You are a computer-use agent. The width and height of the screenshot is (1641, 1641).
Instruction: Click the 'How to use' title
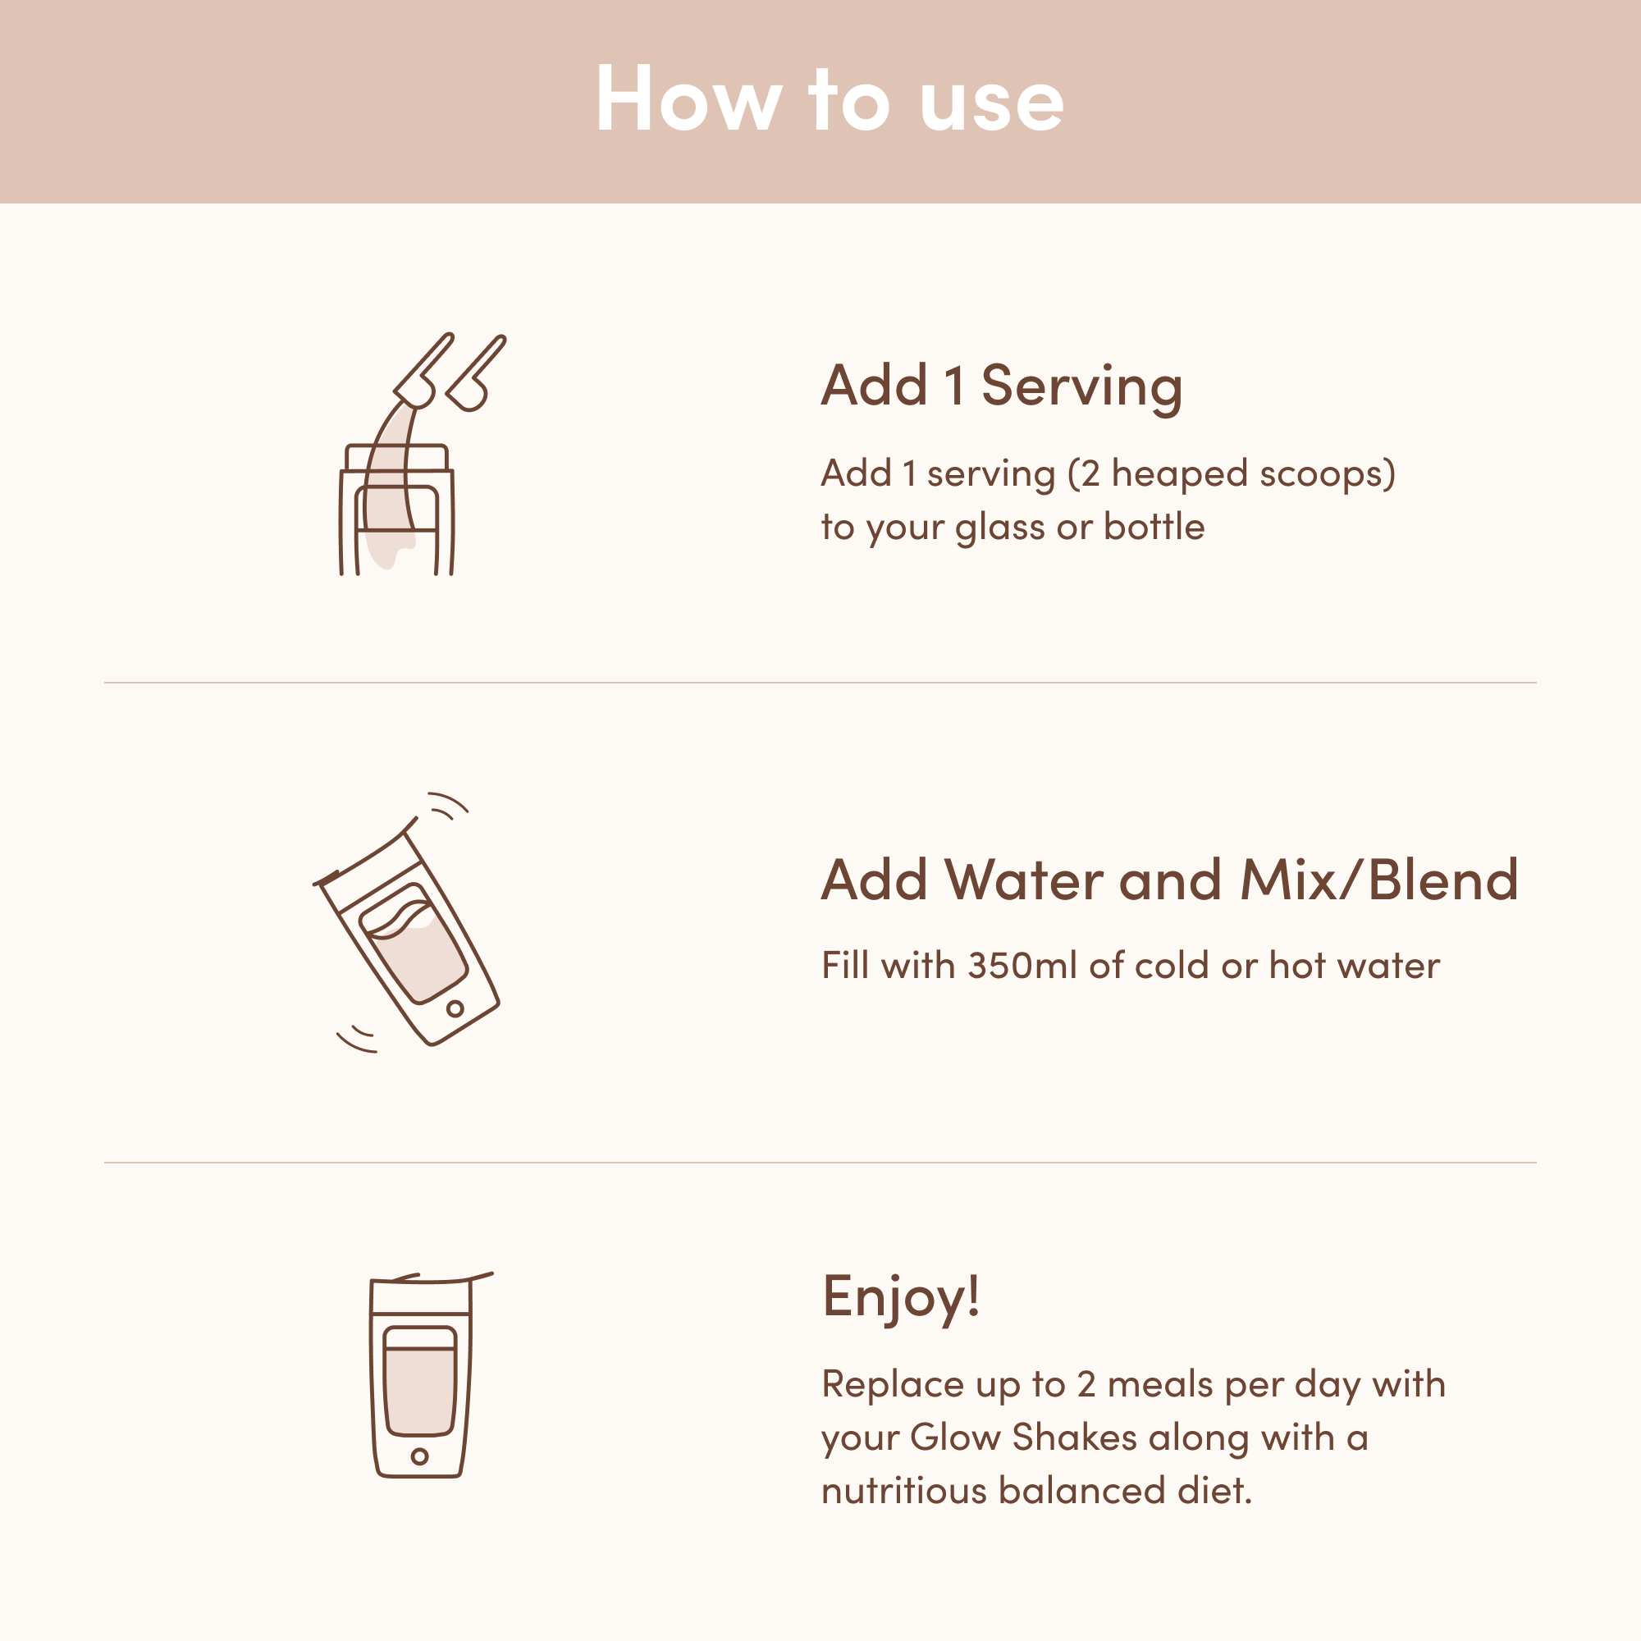(829, 99)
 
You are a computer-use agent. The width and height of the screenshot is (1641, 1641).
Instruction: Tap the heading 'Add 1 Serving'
(1001, 386)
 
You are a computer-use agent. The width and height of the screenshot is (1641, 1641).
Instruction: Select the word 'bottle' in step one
(1154, 527)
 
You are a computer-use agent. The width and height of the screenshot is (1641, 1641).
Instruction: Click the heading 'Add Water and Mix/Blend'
(1169, 879)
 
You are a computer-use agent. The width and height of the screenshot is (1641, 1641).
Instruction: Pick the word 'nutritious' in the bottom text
(903, 1492)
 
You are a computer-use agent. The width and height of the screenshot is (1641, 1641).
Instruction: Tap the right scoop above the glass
(476, 373)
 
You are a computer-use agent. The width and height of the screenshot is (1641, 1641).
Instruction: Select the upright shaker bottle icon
(422, 1375)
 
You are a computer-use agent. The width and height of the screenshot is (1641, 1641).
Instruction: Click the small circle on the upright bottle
(419, 1456)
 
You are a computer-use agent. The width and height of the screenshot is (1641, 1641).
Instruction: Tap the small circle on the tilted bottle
(455, 1008)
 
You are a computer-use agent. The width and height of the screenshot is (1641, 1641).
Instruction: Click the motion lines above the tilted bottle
(448, 803)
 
